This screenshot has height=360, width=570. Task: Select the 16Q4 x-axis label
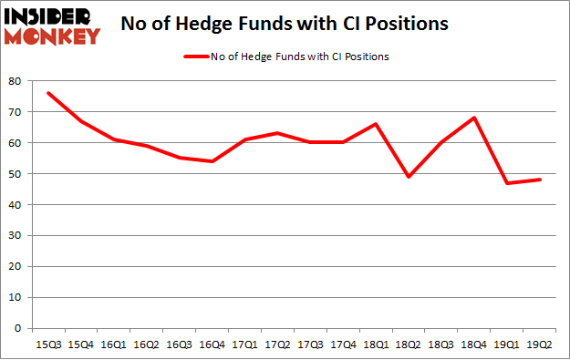[x=212, y=344]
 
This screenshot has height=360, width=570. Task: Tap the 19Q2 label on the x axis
[x=540, y=344]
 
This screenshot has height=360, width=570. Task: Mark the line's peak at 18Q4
[x=474, y=118]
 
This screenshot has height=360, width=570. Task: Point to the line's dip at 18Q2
[x=409, y=177]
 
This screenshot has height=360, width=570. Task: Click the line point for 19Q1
[x=507, y=183]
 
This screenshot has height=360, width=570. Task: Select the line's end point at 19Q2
[x=540, y=180]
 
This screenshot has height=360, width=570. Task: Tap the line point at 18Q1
[x=376, y=124]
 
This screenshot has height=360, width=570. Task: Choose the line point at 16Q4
[x=212, y=161]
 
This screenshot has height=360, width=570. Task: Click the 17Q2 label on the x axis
[x=277, y=344]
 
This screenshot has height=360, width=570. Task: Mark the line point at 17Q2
[x=277, y=133]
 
